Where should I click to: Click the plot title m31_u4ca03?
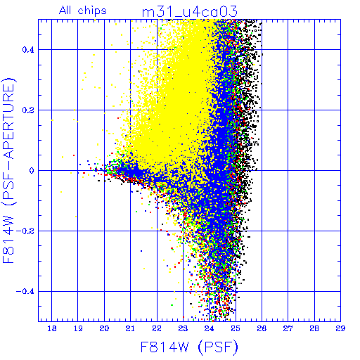pos(190,12)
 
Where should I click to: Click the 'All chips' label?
pos(83,11)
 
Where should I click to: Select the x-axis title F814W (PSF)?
pos(189,347)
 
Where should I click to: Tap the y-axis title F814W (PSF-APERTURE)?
pos(9,170)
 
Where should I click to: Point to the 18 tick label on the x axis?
pos(52,328)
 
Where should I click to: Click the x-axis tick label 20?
pos(104,328)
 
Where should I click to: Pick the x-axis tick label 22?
pos(157,328)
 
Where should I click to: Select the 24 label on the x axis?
pos(209,328)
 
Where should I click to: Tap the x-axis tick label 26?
pos(262,328)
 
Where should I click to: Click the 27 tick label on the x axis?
pos(288,328)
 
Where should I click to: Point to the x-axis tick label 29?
pos(340,328)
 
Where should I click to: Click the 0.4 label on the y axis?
pos(28,50)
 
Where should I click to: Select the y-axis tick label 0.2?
pos(28,110)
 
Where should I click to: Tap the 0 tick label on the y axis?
pos(32,171)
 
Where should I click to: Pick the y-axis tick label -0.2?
pos(25,231)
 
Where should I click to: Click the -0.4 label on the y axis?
pos(25,292)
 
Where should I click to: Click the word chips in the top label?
pos(92,11)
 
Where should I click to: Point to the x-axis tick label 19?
pos(78,328)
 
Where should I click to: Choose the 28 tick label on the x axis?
pos(314,328)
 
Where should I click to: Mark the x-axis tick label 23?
pos(183,328)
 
